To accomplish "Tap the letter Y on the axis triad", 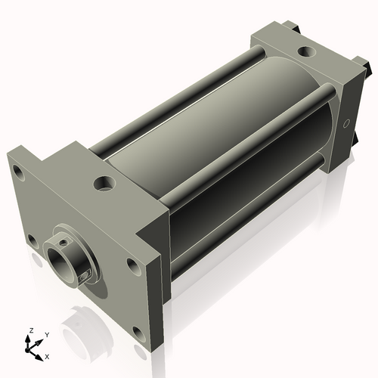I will [46, 333].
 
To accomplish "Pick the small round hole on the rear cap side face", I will [347, 122].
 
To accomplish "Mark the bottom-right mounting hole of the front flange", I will [136, 330].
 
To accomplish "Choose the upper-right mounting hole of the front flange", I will [133, 265].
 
